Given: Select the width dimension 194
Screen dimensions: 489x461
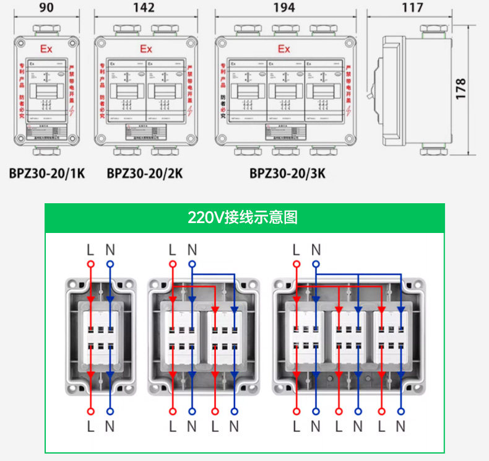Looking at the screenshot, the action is tap(284, 8).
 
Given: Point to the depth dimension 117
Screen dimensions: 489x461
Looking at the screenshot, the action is tap(412, 7).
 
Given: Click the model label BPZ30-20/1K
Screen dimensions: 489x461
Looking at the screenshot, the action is tap(46, 173).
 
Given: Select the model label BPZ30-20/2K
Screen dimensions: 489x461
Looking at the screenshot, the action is tap(145, 173).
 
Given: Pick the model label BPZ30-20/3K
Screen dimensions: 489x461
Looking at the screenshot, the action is tap(287, 173).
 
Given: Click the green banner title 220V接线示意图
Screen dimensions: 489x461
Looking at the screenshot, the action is tap(243, 217).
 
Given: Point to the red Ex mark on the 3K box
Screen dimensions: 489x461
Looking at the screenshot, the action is tap(284, 49).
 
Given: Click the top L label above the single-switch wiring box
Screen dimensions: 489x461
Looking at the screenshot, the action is tap(90, 250).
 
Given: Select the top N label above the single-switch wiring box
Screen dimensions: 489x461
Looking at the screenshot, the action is tap(110, 250).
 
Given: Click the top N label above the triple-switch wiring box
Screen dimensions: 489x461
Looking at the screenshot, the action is tap(316, 250).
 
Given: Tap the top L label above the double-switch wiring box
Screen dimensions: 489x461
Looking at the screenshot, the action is tap(172, 250).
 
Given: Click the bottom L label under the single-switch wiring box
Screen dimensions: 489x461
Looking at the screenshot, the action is tap(90, 426).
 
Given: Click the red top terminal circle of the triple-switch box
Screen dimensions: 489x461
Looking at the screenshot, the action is tap(296, 264).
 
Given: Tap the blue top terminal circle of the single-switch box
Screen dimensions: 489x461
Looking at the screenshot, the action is tap(110, 264).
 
